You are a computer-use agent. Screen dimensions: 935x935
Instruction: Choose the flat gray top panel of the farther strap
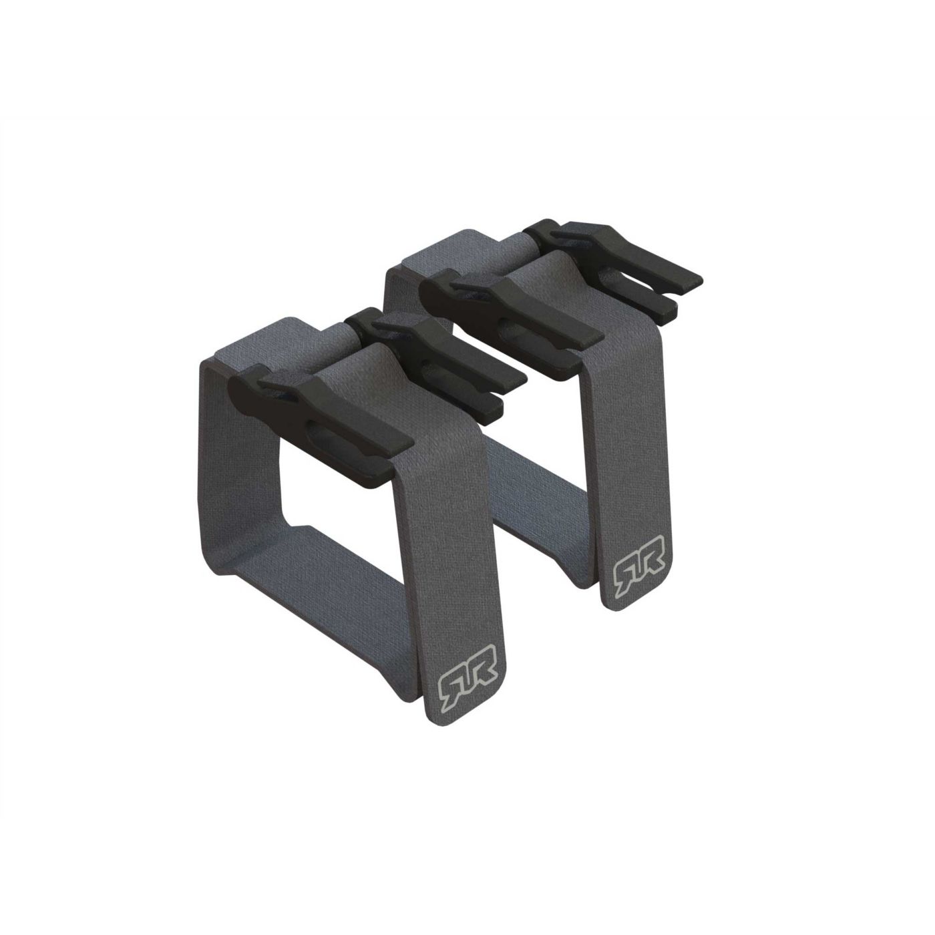[x=447, y=250]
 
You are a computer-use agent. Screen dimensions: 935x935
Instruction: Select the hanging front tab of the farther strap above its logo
[x=628, y=434]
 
